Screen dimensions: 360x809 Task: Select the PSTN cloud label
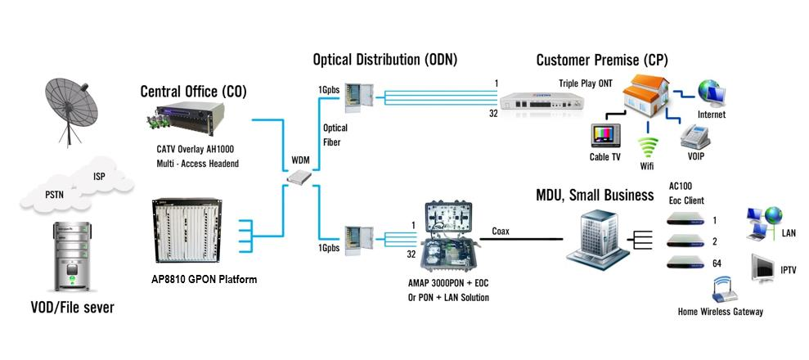click(56, 194)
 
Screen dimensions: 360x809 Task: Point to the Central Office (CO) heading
click(193, 91)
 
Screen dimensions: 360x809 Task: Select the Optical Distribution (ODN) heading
click(384, 60)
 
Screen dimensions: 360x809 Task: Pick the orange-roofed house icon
click(640, 96)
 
